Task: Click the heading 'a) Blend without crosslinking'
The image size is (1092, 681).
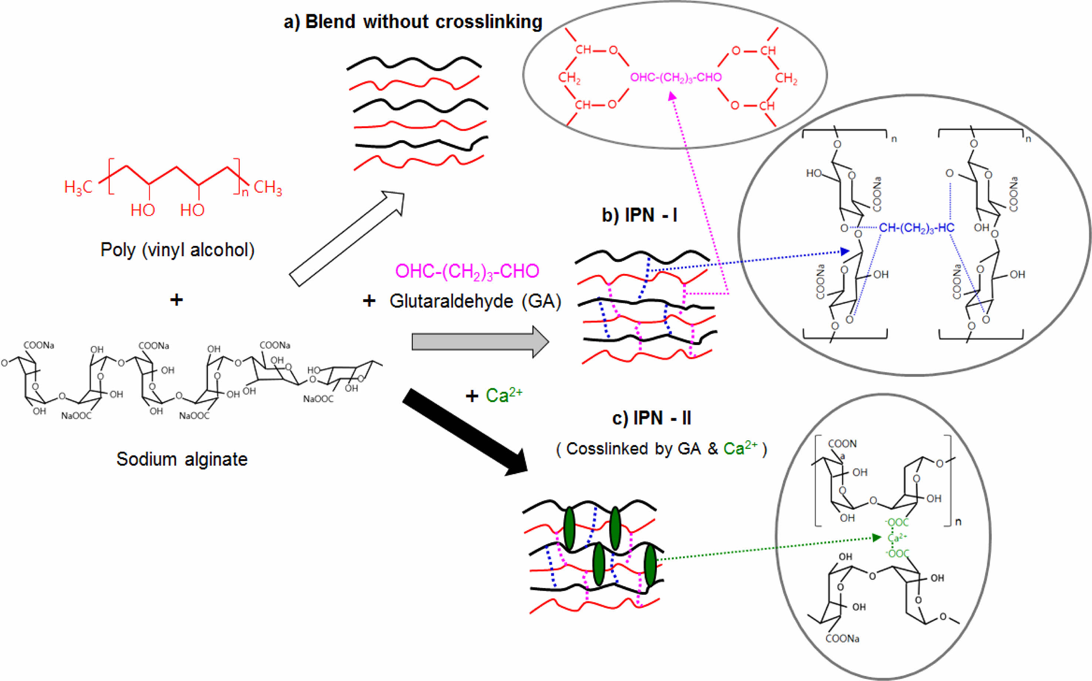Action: [x=413, y=21]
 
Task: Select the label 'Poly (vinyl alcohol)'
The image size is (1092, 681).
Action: [x=177, y=250]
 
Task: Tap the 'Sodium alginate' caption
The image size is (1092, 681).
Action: [x=182, y=459]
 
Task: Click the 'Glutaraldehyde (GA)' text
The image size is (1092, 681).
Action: [x=475, y=301]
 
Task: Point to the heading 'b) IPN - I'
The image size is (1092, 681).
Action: [x=639, y=215]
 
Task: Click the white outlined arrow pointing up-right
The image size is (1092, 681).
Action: [x=347, y=239]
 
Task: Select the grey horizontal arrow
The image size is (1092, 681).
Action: [x=480, y=342]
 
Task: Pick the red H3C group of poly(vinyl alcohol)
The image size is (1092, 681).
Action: [x=78, y=187]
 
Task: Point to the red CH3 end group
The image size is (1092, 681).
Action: [x=268, y=187]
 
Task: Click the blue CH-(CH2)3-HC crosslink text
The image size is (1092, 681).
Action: [x=916, y=228]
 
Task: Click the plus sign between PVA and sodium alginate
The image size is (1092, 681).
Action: [x=176, y=299]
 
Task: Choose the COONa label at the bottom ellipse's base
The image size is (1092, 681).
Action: [x=842, y=638]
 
